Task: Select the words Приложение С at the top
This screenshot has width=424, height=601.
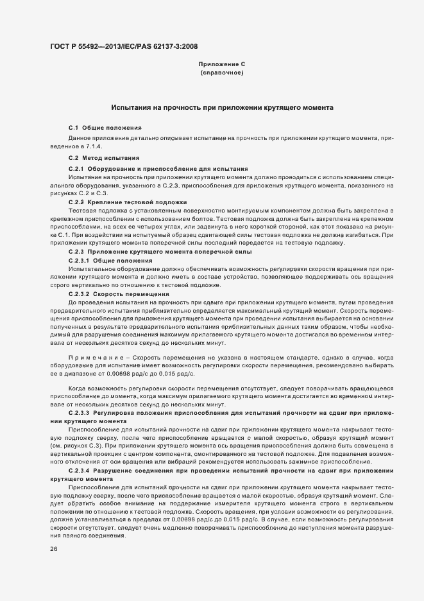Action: (221, 65)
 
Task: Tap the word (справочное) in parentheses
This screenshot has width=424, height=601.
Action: (221, 74)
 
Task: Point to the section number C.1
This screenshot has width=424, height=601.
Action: (73, 129)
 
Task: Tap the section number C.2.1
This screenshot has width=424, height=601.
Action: (76, 168)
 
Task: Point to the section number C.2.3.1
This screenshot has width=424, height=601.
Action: (78, 261)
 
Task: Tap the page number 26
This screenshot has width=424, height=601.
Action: (53, 550)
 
